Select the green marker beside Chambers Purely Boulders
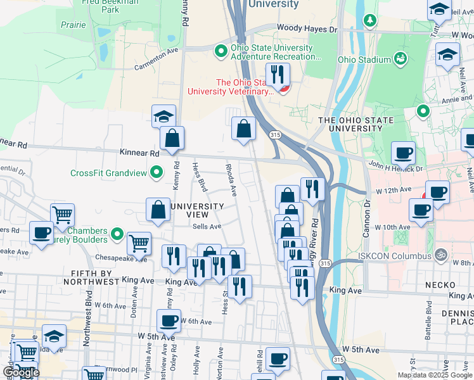click(x=117, y=235)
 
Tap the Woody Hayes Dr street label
click(x=307, y=29)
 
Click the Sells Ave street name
click(x=207, y=226)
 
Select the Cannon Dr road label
click(x=366, y=220)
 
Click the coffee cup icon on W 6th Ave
click(x=169, y=321)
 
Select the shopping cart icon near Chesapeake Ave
click(x=139, y=243)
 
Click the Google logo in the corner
click(x=21, y=372)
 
